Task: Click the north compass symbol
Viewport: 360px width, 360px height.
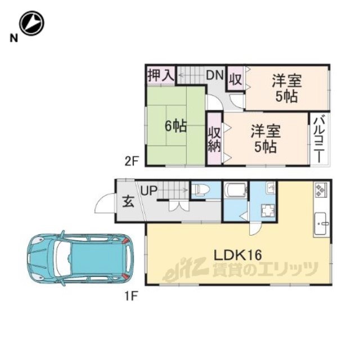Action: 31,23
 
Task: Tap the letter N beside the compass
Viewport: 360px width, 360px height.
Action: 13,38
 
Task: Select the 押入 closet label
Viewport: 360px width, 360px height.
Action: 161,75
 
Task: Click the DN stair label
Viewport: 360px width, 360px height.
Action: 215,75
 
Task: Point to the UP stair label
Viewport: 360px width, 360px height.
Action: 149,190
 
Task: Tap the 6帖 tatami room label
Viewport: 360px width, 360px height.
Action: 176,126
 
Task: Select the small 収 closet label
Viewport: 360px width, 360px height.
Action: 236,79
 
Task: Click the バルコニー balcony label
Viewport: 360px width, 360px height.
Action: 319,139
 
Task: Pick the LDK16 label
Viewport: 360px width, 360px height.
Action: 237,255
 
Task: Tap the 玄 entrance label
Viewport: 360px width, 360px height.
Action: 128,202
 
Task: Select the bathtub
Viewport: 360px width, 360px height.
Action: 236,190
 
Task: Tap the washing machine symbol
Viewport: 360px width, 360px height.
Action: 268,210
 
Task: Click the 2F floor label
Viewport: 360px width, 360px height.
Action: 131,162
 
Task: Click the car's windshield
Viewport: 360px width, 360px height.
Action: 62,258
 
